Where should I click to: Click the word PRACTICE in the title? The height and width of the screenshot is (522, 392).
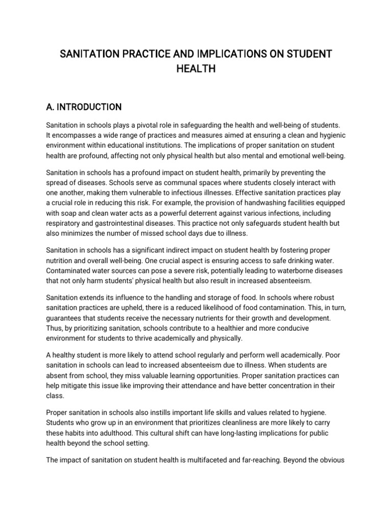pyautogui.click(x=133, y=54)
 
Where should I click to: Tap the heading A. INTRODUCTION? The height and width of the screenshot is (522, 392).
pyautogui.click(x=83, y=107)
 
